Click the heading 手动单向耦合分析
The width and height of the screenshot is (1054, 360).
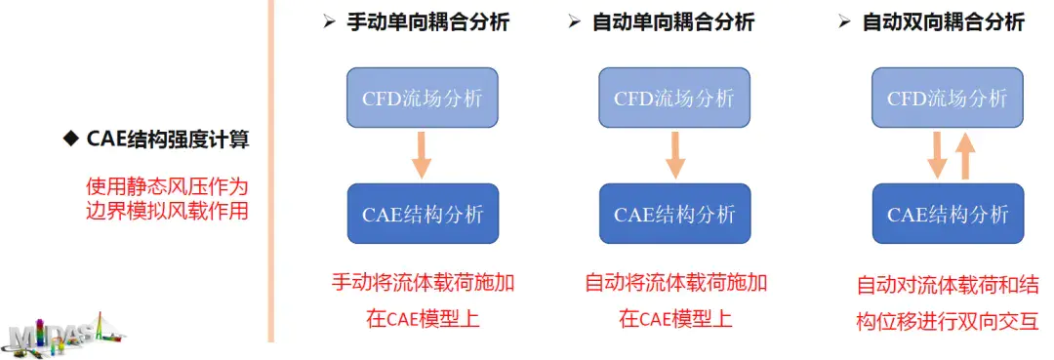(x=427, y=21)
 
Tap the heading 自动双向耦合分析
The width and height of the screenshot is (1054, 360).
(x=943, y=21)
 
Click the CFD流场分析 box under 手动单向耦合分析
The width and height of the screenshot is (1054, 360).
(x=423, y=98)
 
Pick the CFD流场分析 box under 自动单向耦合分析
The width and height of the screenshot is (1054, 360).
(x=673, y=98)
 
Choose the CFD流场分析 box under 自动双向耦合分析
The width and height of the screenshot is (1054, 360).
(x=947, y=98)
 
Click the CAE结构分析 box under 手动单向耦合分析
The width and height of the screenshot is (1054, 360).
(x=423, y=214)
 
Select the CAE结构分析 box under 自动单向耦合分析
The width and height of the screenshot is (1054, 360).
(x=673, y=214)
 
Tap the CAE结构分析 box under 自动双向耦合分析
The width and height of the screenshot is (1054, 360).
(x=947, y=214)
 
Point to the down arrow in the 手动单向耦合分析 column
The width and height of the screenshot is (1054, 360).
(x=422, y=155)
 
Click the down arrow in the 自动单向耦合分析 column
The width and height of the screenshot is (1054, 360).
(x=673, y=155)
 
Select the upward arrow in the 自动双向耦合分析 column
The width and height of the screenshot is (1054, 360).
(x=964, y=155)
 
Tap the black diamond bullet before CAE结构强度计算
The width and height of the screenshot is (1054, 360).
(x=69, y=140)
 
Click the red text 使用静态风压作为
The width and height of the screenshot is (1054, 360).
(x=167, y=185)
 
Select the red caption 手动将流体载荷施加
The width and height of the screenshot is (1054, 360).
(x=423, y=284)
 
